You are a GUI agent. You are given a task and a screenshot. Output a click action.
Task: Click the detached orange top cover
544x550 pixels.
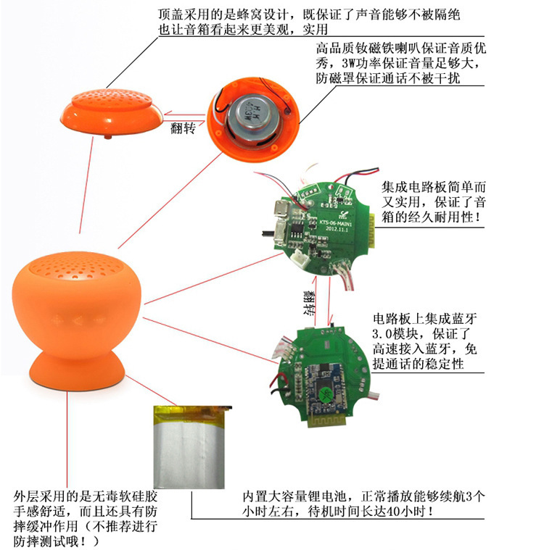pyautogui.click(x=111, y=112)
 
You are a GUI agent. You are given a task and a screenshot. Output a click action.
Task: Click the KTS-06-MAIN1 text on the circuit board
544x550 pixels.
pyautogui.click(x=335, y=222)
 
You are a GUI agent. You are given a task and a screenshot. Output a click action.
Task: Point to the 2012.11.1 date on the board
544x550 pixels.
pyautogui.click(x=337, y=229)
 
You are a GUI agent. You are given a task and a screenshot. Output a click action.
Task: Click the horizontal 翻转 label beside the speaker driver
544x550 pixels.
pyautogui.click(x=183, y=128)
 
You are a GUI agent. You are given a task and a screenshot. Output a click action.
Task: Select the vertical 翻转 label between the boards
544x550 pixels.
pyautogui.click(x=310, y=302)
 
